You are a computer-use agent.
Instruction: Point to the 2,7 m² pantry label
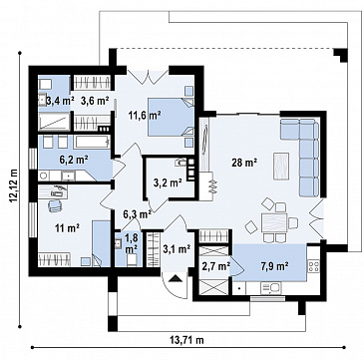(x=216, y=266)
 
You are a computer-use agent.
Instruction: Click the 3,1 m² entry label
(x=177, y=248)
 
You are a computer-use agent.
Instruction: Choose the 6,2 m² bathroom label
(x=74, y=160)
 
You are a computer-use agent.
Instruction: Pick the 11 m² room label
(x=67, y=228)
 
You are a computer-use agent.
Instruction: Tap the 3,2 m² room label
(x=168, y=182)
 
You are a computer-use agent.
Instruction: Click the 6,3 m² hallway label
(x=138, y=214)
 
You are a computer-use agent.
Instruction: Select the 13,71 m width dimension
(x=186, y=340)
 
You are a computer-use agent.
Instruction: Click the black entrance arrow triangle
(x=176, y=278)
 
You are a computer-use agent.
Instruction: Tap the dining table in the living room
(x=274, y=223)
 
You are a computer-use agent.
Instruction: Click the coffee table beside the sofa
(x=281, y=167)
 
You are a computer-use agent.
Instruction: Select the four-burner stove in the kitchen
(x=313, y=265)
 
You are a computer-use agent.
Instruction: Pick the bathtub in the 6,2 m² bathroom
(x=92, y=142)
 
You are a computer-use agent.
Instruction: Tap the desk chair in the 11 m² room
(x=55, y=205)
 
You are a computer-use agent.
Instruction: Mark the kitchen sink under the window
(x=271, y=288)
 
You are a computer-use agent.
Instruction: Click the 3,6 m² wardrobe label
(x=95, y=101)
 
